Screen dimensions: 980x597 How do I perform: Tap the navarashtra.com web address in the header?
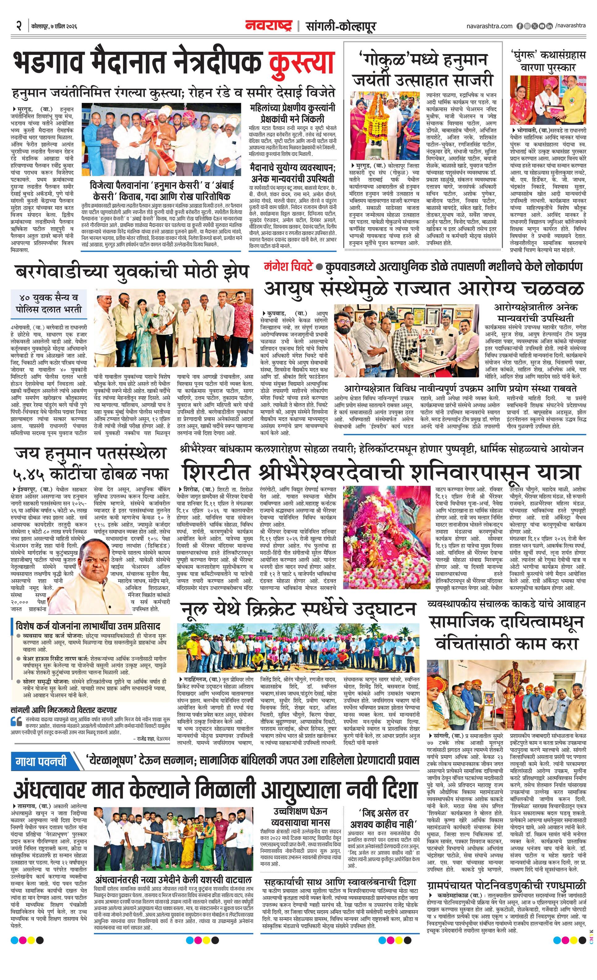pos(489,26)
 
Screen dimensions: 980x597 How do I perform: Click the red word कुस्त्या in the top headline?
pos(300,62)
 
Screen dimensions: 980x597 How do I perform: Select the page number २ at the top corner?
pos(18,26)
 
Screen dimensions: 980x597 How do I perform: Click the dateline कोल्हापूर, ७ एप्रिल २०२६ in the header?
pos(54,27)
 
